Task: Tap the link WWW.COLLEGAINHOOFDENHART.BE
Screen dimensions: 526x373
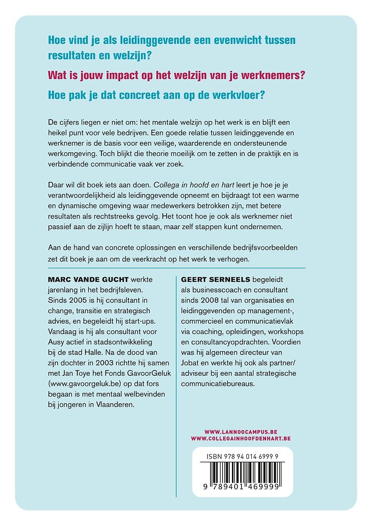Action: pos(241,439)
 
